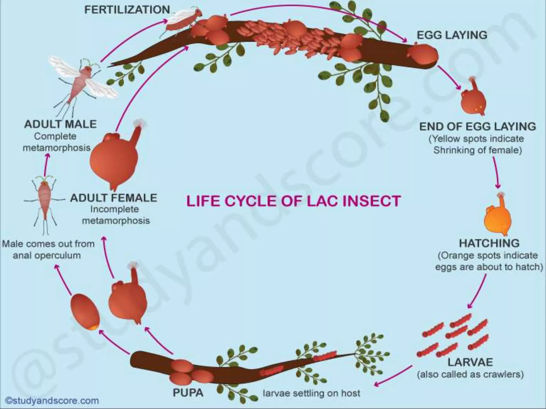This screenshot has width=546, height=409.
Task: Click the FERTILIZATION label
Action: point(127,10)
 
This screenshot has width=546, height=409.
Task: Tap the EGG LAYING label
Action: point(452,35)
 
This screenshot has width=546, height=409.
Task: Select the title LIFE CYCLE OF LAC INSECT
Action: point(293,201)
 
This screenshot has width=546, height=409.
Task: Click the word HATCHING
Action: point(489,243)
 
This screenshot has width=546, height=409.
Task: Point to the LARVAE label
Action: point(470,362)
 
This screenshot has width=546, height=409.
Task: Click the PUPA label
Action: point(188,393)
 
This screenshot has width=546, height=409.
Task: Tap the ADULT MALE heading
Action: point(60,124)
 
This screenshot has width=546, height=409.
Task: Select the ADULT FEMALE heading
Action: point(114,198)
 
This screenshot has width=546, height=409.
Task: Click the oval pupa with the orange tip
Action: point(85,312)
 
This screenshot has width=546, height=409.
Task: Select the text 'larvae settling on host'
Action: point(311,393)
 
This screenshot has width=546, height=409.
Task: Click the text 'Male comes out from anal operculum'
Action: point(48,250)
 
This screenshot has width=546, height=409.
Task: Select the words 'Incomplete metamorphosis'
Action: point(116,215)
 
